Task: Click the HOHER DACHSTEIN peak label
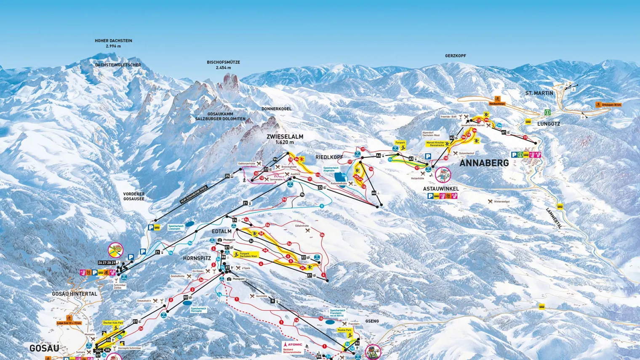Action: pyautogui.click(x=113, y=43)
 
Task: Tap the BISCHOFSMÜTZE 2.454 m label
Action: pyautogui.click(x=223, y=64)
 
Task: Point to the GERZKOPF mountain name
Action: pyautogui.click(x=455, y=56)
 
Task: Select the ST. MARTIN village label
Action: pyautogui.click(x=539, y=93)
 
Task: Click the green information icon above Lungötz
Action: pyautogui.click(x=547, y=112)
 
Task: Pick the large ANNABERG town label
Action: pyautogui.click(x=484, y=163)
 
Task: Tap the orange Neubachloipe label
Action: pyautogui.click(x=497, y=104)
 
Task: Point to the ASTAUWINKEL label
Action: pyautogui.click(x=441, y=189)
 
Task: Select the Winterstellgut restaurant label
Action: pyautogui.click(x=501, y=202)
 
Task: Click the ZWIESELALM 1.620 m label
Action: pyautogui.click(x=285, y=139)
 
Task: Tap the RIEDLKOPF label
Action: pyautogui.click(x=329, y=157)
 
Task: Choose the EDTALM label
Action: pyautogui.click(x=221, y=232)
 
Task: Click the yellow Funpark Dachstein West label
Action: pyautogui.click(x=248, y=255)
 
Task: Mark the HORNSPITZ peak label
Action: pyautogui.click(x=197, y=258)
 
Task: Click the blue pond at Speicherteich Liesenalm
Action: pyautogui.click(x=190, y=224)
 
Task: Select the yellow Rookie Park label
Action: pyautogui.click(x=344, y=330)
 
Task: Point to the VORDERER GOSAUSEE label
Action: pyautogui.click(x=133, y=196)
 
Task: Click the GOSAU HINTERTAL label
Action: pyautogui.click(x=75, y=294)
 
